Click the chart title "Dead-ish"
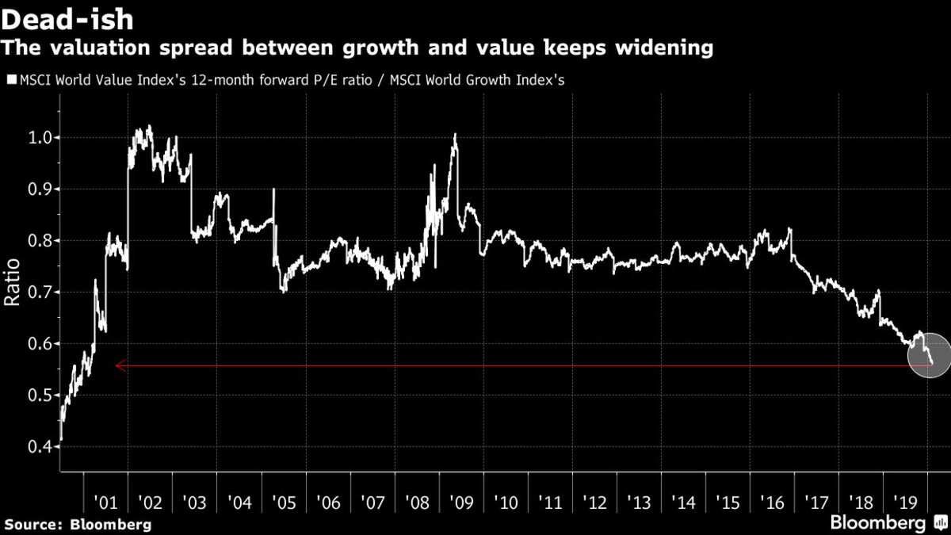[x=67, y=20]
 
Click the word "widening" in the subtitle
[x=664, y=48]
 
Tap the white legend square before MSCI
[x=12, y=79]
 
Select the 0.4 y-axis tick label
[x=39, y=447]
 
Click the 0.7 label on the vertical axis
[x=39, y=292]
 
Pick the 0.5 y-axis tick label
[x=39, y=396]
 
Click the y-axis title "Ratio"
[x=12, y=282]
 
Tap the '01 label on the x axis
[x=105, y=503]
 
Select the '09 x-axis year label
[x=461, y=503]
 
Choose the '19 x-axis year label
[x=906, y=503]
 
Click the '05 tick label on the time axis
[x=284, y=503]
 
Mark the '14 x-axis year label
[x=683, y=503]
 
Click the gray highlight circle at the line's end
[x=929, y=355]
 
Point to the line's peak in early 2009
[x=455, y=134]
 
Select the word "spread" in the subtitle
[x=196, y=48]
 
